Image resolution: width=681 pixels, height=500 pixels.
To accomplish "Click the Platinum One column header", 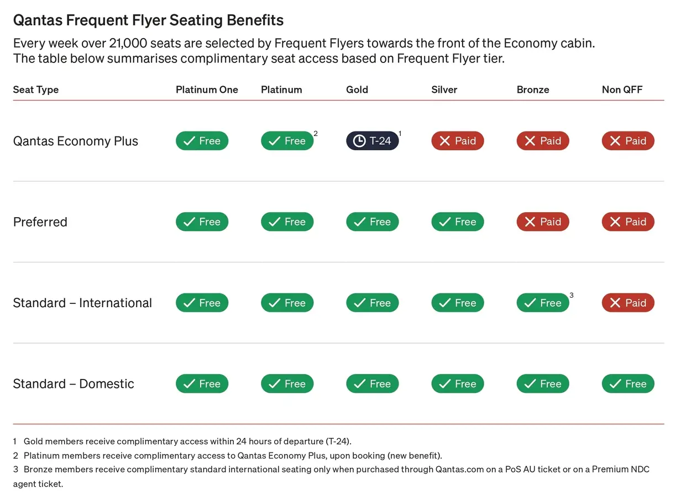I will pyautogui.click(x=207, y=90).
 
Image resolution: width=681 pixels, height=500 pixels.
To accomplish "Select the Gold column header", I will pyautogui.click(x=357, y=90).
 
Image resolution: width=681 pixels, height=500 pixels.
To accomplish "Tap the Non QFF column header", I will pyautogui.click(x=622, y=90).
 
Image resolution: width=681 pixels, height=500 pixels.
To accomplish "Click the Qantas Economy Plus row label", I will pyautogui.click(x=76, y=141).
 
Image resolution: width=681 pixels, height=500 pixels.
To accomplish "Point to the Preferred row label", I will pyautogui.click(x=40, y=222).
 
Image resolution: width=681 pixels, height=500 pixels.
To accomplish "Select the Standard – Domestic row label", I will pyautogui.click(x=74, y=384).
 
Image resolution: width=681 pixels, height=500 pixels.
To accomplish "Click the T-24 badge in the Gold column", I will pyautogui.click(x=373, y=141).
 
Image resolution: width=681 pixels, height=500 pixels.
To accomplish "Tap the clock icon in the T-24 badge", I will pyautogui.click(x=359, y=141).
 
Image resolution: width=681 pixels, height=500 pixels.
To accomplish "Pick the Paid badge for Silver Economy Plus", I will pyautogui.click(x=458, y=141).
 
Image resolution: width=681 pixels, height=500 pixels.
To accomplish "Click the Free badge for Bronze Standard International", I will pyautogui.click(x=543, y=303).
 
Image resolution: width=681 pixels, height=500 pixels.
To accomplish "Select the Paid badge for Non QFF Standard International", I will pyautogui.click(x=628, y=303).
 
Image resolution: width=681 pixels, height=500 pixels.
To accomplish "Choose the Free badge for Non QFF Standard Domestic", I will pyautogui.click(x=628, y=384).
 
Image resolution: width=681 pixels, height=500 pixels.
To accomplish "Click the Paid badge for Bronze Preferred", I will pyautogui.click(x=543, y=222).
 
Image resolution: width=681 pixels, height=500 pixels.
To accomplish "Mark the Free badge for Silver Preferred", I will pyautogui.click(x=458, y=222).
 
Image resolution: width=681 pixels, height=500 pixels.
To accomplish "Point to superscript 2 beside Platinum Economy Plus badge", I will pyautogui.click(x=316, y=134).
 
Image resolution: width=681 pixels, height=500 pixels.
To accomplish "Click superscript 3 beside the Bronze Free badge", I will pyautogui.click(x=572, y=296).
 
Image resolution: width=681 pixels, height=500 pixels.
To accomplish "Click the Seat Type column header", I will pyautogui.click(x=36, y=90).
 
